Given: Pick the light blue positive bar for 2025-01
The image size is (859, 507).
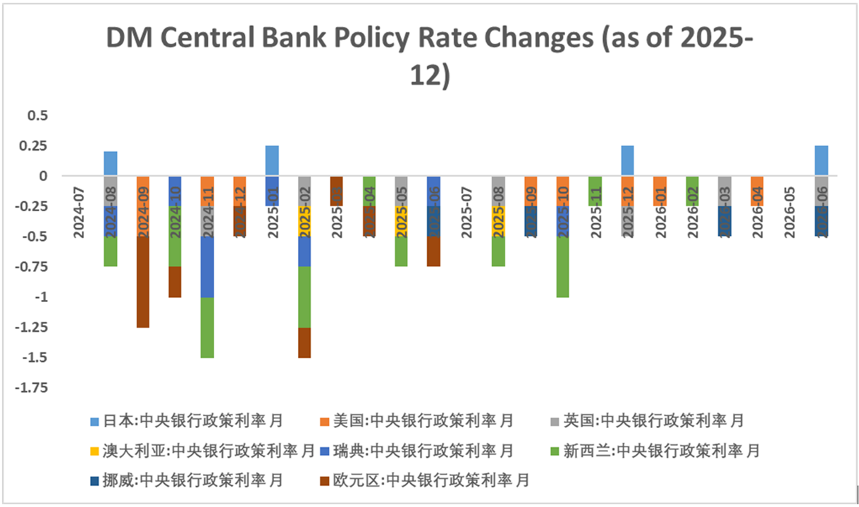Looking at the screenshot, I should point(272,161).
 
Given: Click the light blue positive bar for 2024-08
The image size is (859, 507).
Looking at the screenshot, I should point(111,163).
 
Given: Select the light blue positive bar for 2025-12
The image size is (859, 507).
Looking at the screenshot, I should point(628,161).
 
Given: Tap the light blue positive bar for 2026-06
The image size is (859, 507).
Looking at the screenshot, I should point(822,161).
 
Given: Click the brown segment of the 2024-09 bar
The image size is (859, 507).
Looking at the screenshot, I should point(143,282).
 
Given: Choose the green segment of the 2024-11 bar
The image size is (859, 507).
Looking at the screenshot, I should point(207,327).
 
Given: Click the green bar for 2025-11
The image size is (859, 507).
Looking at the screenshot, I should point(595,191).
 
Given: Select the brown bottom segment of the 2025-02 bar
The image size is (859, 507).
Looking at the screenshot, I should point(304,342).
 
